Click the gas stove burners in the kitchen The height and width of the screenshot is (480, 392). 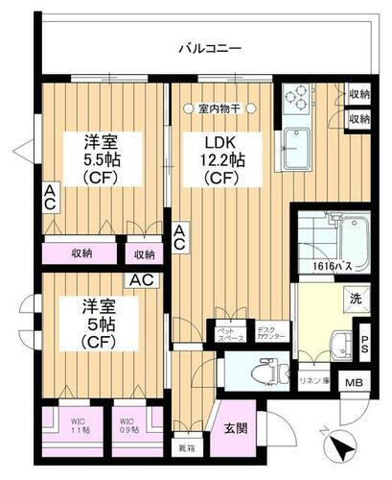coord(298,99)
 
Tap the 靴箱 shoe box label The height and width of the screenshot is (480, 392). coord(186,445)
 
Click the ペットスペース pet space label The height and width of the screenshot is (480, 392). coord(229,334)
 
